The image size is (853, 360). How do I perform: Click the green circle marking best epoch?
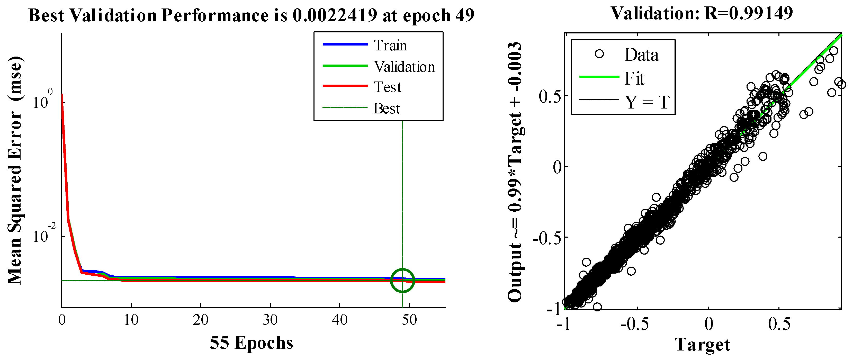pyautogui.click(x=402, y=280)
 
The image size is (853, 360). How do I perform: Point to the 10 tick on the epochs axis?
pyautogui.click(x=131, y=320)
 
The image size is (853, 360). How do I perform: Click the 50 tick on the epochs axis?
pyautogui.click(x=409, y=320)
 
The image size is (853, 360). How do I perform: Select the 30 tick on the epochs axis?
pyautogui.click(x=270, y=320)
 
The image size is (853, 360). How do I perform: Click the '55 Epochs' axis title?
pyautogui.click(x=251, y=343)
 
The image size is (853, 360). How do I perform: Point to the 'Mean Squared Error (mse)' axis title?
pyautogui.click(x=15, y=170)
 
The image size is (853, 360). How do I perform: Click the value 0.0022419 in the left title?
pyautogui.click(x=335, y=15)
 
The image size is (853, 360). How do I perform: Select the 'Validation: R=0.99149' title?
pyautogui.click(x=702, y=14)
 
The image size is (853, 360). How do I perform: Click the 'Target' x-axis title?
pyautogui.click(x=702, y=344)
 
